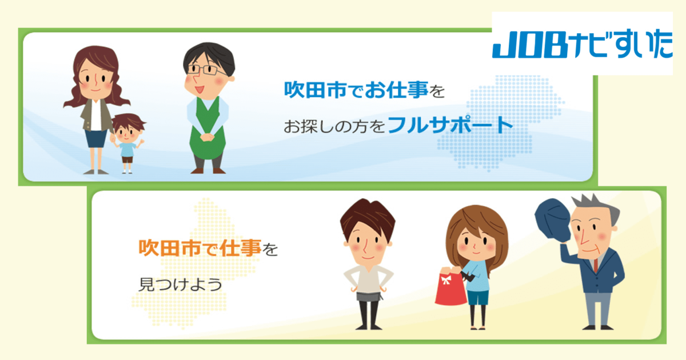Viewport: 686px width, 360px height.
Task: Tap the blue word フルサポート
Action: click(450, 124)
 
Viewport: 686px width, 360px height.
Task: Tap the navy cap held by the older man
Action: click(552, 219)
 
